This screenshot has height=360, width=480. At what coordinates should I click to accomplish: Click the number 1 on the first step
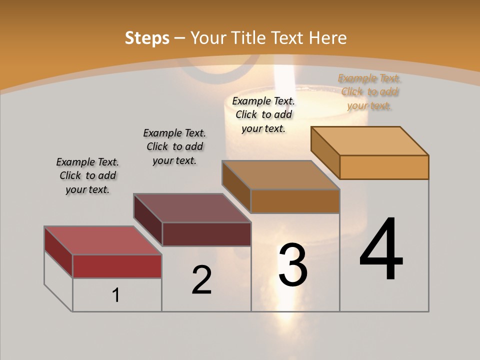116,295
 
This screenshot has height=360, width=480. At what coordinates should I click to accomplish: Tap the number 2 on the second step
201,280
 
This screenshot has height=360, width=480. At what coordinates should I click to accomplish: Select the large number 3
292,264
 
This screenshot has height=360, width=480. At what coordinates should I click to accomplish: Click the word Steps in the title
147,38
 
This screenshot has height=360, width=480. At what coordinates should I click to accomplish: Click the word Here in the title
328,38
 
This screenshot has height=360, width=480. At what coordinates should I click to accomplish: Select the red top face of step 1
103,240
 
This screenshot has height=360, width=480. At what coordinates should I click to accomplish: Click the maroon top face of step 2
192,208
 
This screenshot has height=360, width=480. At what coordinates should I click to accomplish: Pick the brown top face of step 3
281,175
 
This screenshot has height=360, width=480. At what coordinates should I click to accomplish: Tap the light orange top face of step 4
370,140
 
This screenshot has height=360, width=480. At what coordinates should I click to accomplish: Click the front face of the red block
117,266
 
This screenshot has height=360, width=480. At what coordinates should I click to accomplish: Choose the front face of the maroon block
206,234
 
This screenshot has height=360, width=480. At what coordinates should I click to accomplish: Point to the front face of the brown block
295,201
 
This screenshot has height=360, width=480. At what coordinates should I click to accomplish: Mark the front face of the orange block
384,167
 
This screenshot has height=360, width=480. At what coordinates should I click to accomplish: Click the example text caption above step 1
87,176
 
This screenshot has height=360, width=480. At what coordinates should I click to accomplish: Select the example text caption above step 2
174,147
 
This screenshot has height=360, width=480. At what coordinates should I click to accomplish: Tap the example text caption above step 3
263,114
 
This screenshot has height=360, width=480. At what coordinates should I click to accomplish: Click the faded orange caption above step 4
369,92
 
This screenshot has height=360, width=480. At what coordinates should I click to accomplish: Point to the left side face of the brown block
236,186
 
